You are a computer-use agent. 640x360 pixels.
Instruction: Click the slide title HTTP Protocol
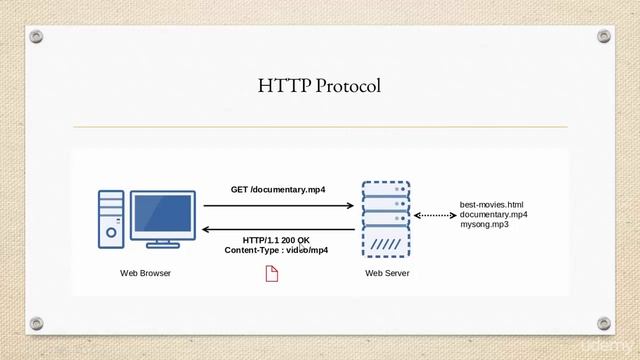coord(319,87)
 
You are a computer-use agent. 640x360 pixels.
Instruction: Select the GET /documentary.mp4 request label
coord(278,189)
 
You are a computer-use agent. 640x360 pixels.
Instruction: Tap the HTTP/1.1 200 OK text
coord(276,240)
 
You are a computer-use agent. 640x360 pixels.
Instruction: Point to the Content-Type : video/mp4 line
coord(276,250)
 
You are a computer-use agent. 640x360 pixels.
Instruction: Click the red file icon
coord(271,273)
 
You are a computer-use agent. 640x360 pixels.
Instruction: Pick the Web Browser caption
coord(145,273)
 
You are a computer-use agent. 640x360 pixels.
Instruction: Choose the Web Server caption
coord(387,273)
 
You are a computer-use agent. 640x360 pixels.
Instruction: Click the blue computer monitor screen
coord(162,213)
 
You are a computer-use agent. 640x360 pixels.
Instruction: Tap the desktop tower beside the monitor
coord(111,220)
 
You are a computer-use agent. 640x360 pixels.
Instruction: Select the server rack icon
coord(386,220)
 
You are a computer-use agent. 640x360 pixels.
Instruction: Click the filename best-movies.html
coord(491,204)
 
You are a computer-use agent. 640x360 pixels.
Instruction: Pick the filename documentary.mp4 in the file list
coord(494,214)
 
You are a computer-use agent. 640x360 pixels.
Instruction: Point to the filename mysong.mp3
coord(484,224)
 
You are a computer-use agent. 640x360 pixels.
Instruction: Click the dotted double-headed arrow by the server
coord(434,215)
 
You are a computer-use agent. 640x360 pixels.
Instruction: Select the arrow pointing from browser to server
coord(279,206)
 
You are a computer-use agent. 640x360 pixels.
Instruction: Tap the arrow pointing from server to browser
coord(279,230)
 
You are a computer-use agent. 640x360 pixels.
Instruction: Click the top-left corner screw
coord(37,37)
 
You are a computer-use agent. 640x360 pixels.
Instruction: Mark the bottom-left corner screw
coord(37,323)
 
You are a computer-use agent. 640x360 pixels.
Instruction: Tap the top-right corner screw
coord(604,37)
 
